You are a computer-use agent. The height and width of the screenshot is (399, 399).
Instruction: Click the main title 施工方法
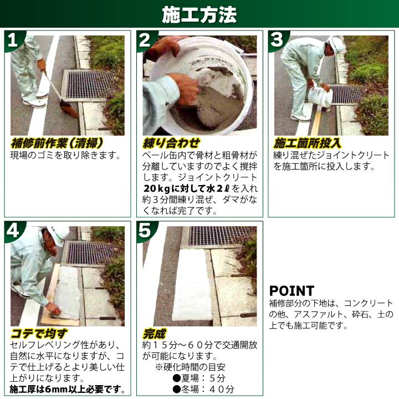tap(199, 14)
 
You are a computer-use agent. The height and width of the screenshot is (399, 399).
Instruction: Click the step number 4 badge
tap(13, 231)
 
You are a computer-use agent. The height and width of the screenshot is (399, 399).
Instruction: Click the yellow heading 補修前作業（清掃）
tap(57, 144)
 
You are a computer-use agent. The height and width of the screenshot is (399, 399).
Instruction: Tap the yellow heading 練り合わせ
tap(171, 144)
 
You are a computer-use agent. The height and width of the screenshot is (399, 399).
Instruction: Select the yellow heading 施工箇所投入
tap(307, 144)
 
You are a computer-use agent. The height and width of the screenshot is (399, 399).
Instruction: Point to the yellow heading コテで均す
tap(39, 334)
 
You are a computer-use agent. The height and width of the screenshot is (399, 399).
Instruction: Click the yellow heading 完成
tap(154, 334)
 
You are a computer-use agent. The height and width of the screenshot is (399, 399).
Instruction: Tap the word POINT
tap(291, 291)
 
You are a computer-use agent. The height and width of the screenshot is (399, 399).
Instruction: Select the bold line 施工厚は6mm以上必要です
tap(67, 390)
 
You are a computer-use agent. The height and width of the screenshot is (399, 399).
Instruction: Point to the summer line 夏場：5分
tap(199, 378)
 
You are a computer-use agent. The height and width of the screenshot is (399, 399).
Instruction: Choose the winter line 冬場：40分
tap(203, 389)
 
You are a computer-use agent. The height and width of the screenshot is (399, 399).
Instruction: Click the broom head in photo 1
tap(69, 109)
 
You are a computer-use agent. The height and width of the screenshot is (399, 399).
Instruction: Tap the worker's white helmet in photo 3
tap(335, 43)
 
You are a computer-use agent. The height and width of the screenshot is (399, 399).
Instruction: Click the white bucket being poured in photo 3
tap(320, 96)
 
